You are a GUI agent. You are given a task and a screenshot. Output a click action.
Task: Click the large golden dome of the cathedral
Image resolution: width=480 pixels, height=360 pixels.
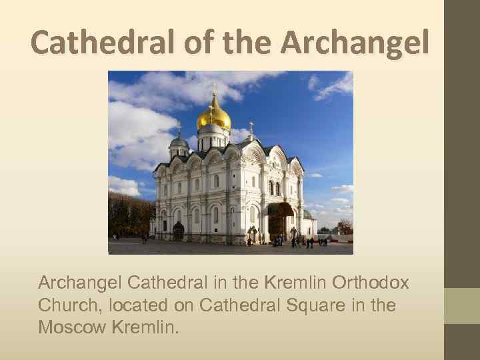213,119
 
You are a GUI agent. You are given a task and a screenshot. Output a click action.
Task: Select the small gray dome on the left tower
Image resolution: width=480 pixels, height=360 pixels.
179,141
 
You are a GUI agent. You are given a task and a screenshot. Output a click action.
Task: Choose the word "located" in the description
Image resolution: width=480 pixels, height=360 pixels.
137,305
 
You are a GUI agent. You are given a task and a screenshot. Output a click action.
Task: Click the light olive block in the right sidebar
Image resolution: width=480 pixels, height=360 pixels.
461,305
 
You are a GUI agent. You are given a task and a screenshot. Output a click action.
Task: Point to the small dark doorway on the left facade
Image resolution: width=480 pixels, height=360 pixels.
178,231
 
